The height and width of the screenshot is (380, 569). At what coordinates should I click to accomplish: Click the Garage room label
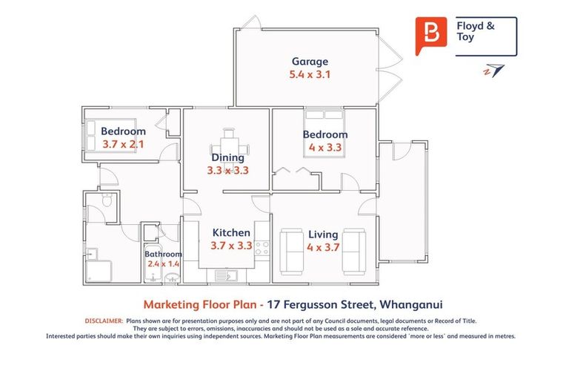point(310,62)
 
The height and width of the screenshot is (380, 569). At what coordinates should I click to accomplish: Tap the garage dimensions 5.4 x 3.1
point(309,75)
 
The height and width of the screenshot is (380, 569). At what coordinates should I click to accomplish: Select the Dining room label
point(227,157)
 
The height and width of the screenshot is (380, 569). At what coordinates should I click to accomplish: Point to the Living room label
point(322,235)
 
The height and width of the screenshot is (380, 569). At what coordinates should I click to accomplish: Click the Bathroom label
point(163,254)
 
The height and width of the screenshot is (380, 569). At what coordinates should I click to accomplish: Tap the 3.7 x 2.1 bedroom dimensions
point(123,145)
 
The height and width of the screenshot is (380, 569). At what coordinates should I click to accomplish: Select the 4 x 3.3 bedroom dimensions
point(325,147)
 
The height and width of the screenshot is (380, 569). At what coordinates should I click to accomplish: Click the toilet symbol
point(106,201)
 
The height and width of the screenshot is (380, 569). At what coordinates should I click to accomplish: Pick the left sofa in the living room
point(291,251)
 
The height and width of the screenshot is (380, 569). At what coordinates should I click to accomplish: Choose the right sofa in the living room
point(354,251)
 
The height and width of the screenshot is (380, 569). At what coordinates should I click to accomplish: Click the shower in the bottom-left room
point(98,270)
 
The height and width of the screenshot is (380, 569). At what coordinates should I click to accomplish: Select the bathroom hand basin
point(172,278)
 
